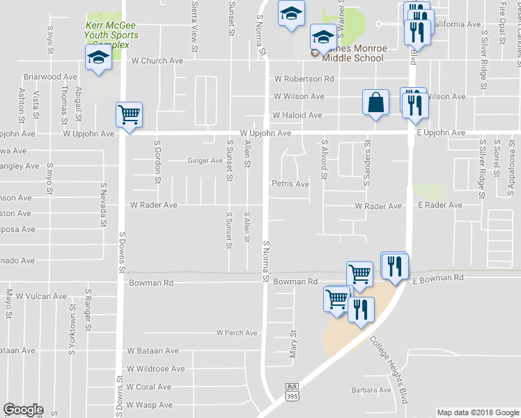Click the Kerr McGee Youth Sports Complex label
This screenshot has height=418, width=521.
(x=111, y=35)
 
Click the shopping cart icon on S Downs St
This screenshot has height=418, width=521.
(x=129, y=114)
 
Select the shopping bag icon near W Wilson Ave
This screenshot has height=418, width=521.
(x=375, y=102)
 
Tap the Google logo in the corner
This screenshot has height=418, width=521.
(x=23, y=410)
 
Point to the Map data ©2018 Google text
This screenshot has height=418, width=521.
(x=478, y=412)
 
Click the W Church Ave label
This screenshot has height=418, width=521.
(x=157, y=61)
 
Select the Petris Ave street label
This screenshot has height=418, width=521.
(x=290, y=184)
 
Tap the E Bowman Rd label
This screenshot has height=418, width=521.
(x=437, y=278)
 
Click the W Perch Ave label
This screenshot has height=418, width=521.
(x=237, y=333)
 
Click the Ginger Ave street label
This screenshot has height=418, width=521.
(x=205, y=160)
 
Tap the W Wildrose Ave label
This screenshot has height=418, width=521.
(x=155, y=369)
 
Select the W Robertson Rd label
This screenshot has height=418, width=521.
(x=304, y=79)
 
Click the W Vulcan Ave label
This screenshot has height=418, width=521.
(x=41, y=296)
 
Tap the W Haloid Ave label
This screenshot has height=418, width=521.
(x=297, y=115)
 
